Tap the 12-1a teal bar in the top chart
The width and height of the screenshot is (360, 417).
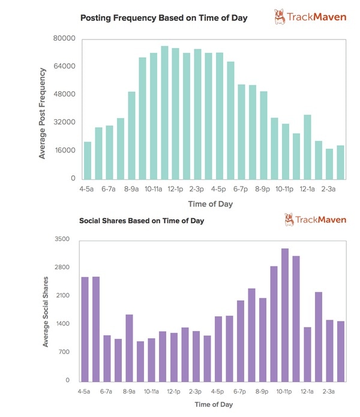tap(307, 147)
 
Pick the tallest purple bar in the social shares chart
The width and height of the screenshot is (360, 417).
tap(285, 315)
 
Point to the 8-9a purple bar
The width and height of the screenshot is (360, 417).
tap(129, 348)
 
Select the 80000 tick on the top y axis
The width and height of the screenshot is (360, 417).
tap(64, 38)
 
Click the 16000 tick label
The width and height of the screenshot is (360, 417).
tap(64, 151)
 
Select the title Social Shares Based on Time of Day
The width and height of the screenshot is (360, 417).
tap(142, 221)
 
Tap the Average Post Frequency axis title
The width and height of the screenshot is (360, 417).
tap(43, 114)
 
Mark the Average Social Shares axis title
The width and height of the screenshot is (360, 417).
tap(45, 311)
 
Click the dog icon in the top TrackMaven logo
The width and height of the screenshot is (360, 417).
tap(280, 17)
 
